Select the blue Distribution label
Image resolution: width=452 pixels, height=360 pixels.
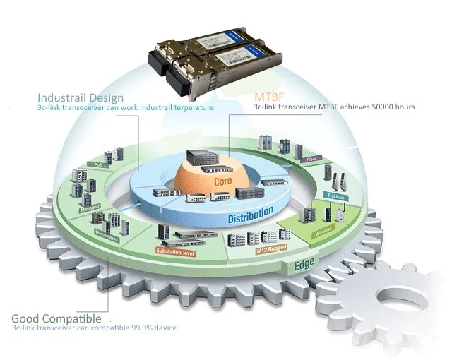[x=250, y=214]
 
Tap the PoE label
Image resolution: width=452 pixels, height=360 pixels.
[x=99, y=164]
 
